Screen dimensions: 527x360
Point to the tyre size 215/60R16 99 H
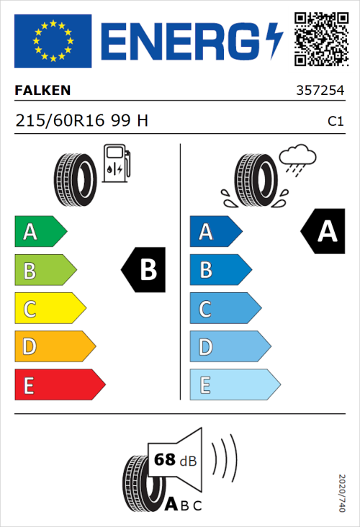(82, 121)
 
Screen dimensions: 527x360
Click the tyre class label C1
(335, 122)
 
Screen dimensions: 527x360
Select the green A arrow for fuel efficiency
(40, 232)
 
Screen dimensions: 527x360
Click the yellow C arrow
(50, 309)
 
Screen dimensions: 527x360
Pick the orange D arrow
(55, 347)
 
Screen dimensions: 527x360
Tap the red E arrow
(59, 385)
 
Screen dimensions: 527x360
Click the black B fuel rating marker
(143, 270)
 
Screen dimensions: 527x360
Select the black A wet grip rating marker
(323, 232)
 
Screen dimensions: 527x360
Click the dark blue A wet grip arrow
(215, 232)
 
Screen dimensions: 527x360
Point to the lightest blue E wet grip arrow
(234, 385)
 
